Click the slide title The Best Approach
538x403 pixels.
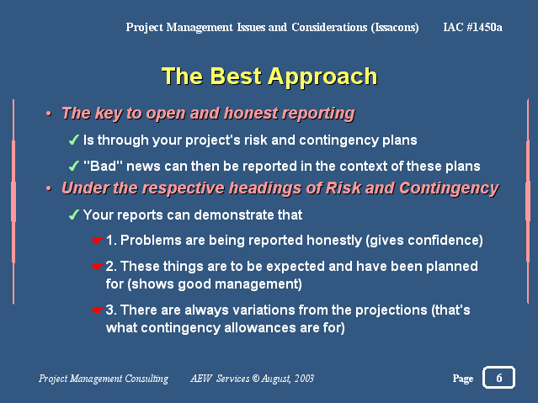[x=269, y=77]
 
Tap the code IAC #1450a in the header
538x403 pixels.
[x=472, y=27]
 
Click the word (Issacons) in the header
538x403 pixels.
[x=395, y=28]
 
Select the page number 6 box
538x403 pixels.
[x=498, y=377]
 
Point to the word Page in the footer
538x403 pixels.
[x=463, y=379]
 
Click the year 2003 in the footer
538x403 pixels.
[x=304, y=378]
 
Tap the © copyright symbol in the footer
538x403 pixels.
[x=256, y=378]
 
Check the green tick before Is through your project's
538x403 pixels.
[x=74, y=140]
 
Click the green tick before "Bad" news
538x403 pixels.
[x=74, y=166]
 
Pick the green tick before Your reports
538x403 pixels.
[x=74, y=215]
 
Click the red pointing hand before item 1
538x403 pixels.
[x=98, y=240]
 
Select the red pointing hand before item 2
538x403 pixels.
[x=98, y=266]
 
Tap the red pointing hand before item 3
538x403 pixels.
[x=98, y=310]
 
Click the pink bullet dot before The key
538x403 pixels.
[x=49, y=114]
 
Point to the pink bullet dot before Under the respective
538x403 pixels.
[x=49, y=188]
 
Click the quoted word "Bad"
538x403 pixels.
[x=103, y=166]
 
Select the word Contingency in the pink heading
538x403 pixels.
[x=449, y=188]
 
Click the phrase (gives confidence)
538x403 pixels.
[x=424, y=241]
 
